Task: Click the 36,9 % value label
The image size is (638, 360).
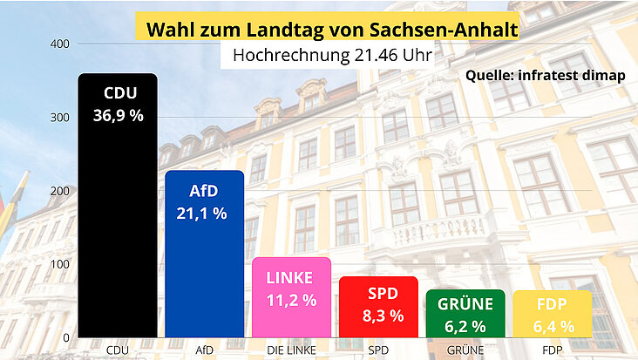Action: (118, 114)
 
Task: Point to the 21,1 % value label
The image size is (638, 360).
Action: (204, 212)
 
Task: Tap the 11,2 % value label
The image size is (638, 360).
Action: (291, 300)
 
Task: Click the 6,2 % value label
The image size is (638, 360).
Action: (465, 327)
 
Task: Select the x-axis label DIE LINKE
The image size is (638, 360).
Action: (291, 350)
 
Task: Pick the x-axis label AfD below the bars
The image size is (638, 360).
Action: (204, 350)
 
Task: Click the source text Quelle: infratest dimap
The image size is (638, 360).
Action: (546, 75)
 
